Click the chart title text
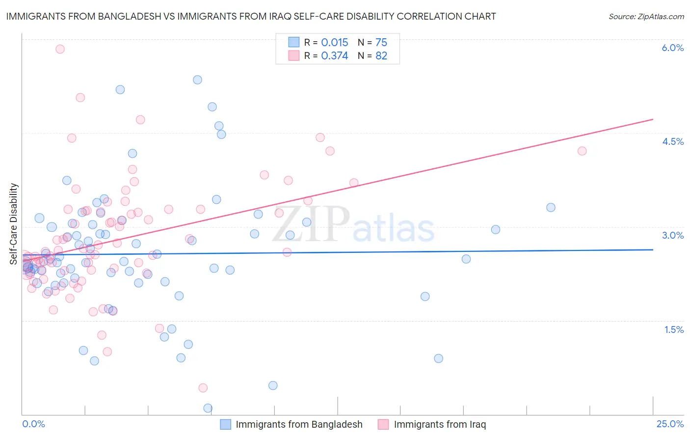coord(251,16)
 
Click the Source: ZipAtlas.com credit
coord(646,16)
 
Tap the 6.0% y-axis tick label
coord(672,48)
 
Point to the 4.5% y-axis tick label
coord(672,141)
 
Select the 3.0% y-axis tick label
coord(672,235)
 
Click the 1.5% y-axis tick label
coord(674,329)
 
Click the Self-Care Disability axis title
coord(14,224)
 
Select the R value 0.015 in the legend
coord(334,42)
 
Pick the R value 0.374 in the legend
coord(334,55)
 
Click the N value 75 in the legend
coord(381,42)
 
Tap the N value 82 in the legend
coord(381,55)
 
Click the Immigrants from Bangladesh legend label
coord(299,424)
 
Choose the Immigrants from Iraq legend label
coord(440,424)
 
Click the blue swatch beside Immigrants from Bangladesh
coord(225,424)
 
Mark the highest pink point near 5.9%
coord(60,49)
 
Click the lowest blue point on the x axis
coord(208,408)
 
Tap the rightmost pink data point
coord(582,151)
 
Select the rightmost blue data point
coord(551,207)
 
